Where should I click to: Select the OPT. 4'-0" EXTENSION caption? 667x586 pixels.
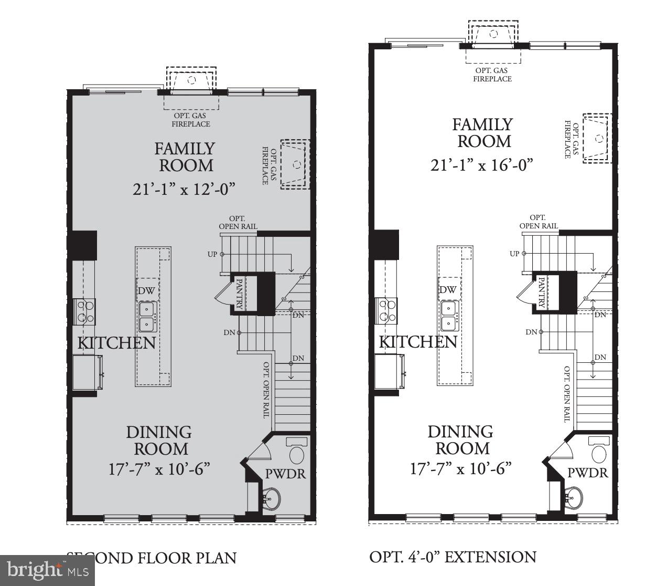453,557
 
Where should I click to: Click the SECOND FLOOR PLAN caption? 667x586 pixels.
152,557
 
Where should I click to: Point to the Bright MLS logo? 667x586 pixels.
47,570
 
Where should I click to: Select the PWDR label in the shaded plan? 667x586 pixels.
285,473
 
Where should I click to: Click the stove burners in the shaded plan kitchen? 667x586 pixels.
85,310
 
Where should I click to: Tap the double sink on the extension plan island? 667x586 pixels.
449,316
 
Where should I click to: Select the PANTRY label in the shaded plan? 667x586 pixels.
239,294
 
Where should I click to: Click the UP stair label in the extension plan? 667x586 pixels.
514,254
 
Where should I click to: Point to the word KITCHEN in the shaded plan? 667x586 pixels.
116,343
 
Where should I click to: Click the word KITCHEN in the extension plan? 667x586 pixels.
418,342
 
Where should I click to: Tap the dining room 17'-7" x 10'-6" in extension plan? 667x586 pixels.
460,468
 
